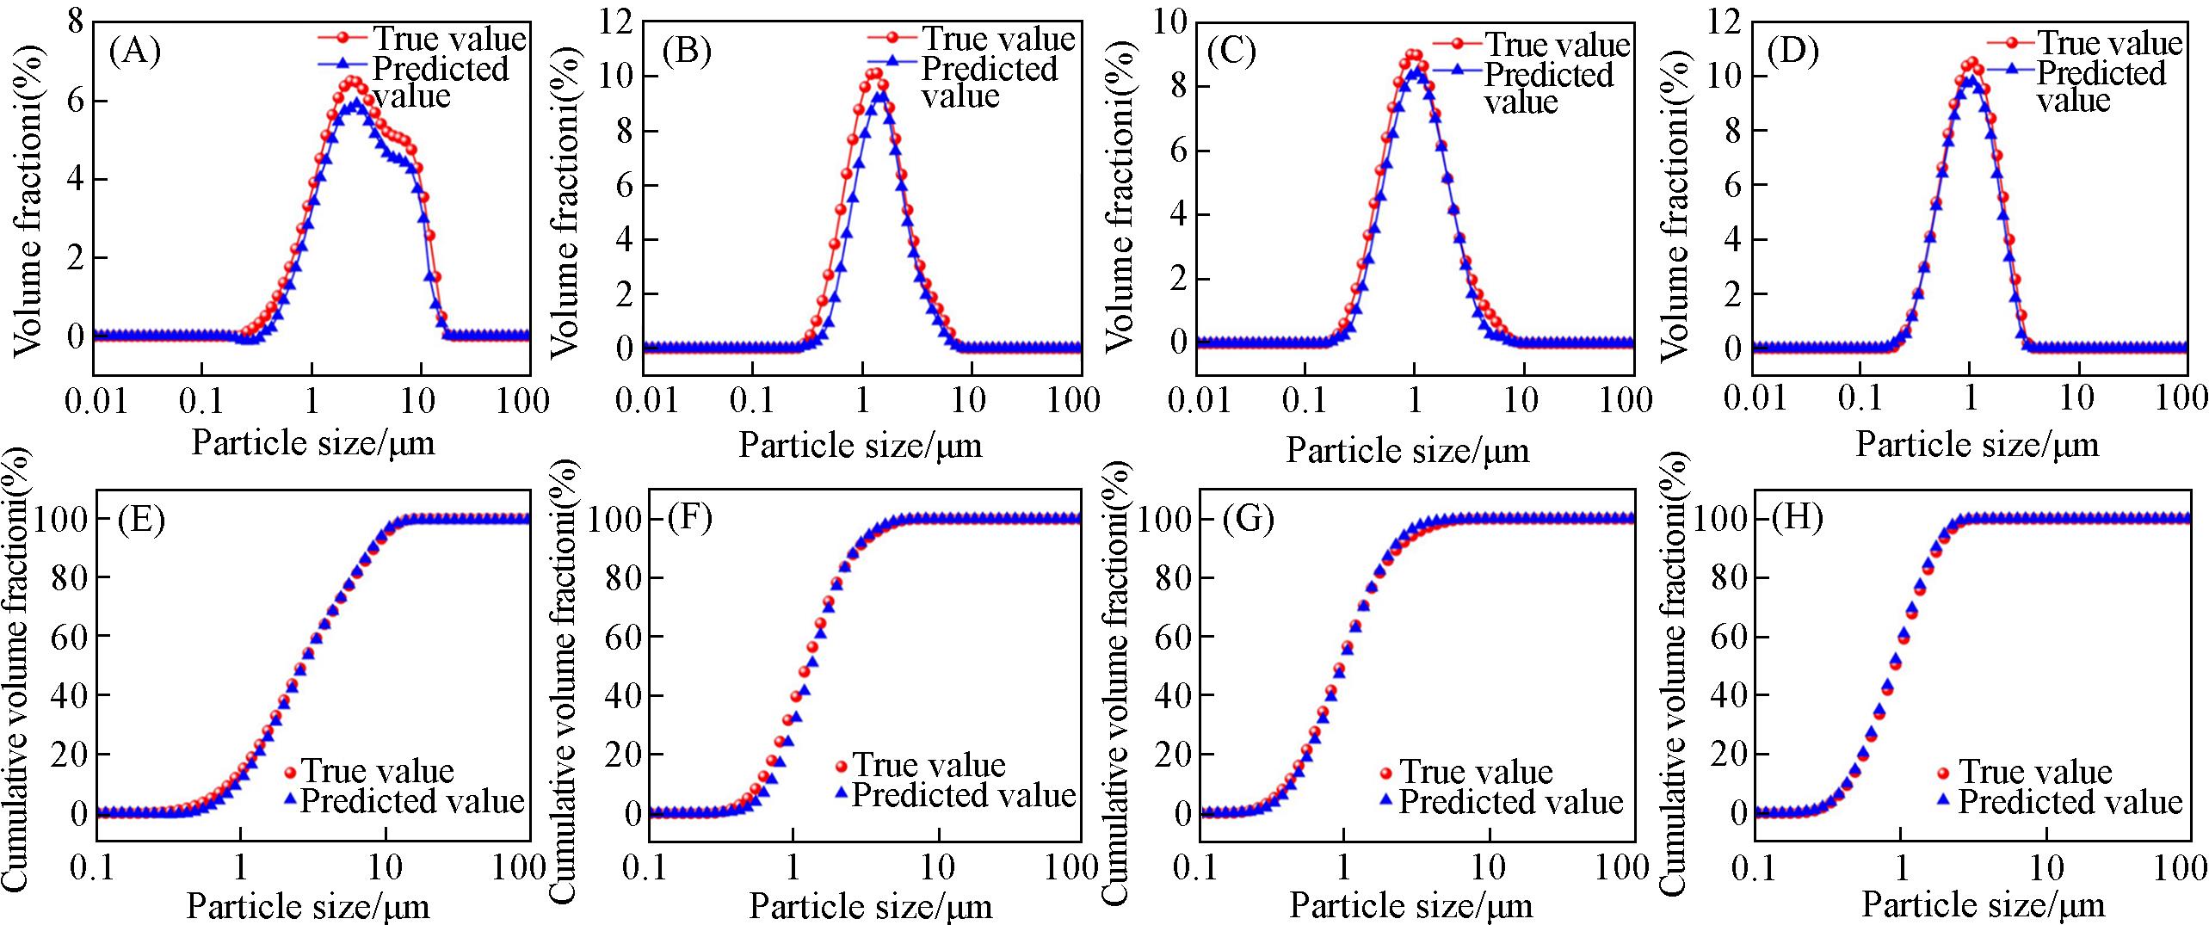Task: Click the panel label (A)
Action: coord(135,53)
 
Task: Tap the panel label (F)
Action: coord(689,520)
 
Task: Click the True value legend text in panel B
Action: coord(998,39)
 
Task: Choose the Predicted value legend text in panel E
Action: coord(412,801)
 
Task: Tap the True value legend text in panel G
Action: coord(1476,772)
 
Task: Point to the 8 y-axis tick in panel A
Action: coord(76,23)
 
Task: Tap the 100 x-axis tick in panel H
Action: coord(2181,867)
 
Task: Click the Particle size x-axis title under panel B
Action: coord(861,446)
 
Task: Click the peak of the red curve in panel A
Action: coord(352,83)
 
